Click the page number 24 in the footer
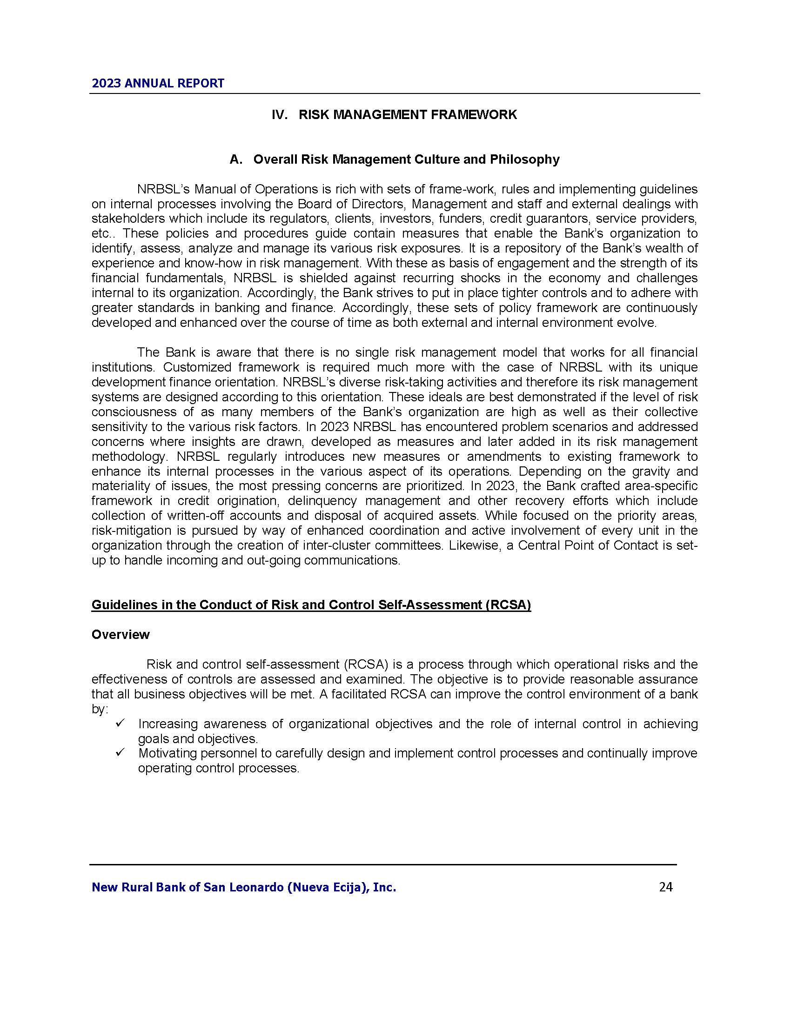(665, 887)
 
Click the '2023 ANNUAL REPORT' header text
(158, 83)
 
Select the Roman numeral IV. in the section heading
(280, 115)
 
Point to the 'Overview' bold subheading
(121, 635)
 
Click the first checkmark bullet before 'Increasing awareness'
(119, 724)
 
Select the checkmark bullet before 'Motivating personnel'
(119, 753)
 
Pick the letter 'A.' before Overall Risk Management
(236, 159)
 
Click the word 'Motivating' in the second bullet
(168, 753)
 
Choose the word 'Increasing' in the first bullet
(168, 724)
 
